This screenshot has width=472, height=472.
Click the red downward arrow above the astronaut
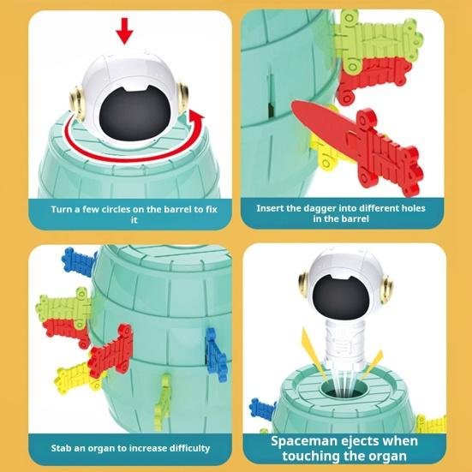pos(126,33)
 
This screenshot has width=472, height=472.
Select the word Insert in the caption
pos(272,208)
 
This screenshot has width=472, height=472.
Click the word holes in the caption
pos(408,208)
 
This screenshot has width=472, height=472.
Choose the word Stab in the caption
pos(62,447)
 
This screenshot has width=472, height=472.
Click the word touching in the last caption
pos(318,457)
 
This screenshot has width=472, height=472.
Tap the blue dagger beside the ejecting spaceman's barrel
pos(262,410)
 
